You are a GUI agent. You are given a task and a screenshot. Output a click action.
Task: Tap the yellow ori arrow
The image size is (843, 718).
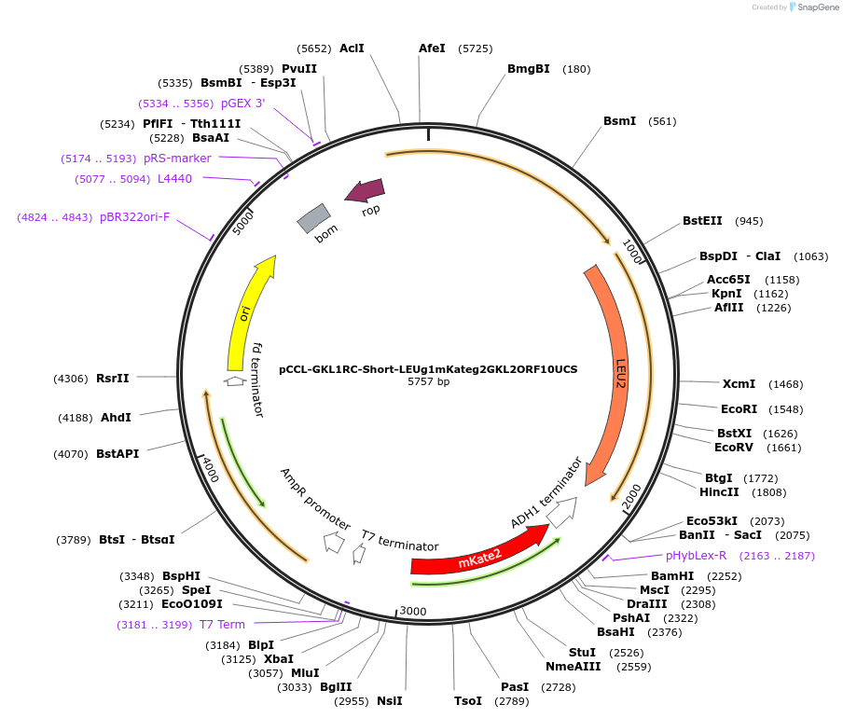click(247, 312)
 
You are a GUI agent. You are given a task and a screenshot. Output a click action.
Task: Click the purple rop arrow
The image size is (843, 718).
click(365, 190)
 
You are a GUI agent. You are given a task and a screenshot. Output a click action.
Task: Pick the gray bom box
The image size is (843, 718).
click(313, 218)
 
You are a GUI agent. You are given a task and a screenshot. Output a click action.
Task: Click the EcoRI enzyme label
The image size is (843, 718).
click(739, 408)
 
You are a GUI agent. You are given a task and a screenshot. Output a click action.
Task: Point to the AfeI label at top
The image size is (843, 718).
click(432, 48)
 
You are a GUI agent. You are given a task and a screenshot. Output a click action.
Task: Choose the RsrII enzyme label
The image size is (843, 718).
click(113, 378)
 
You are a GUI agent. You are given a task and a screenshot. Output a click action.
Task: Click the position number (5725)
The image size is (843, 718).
click(476, 48)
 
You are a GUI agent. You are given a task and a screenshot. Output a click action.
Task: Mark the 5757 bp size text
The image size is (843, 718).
click(428, 382)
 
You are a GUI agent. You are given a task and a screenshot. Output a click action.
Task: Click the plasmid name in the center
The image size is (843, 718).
click(428, 368)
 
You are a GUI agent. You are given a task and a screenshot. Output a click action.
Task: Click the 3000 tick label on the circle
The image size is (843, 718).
click(413, 612)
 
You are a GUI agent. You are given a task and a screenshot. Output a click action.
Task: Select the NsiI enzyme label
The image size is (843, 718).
click(389, 700)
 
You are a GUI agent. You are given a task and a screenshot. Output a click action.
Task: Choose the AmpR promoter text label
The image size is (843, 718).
click(314, 500)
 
